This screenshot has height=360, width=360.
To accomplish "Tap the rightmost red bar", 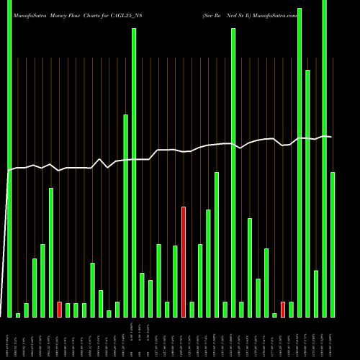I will (x=283, y=309).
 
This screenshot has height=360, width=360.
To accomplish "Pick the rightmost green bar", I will (x=333, y=244).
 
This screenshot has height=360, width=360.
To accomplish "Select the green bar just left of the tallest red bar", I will (x=175, y=281).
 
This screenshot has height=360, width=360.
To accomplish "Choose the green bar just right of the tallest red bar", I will (x=192, y=309).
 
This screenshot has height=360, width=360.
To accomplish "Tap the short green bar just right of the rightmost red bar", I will (x=292, y=309).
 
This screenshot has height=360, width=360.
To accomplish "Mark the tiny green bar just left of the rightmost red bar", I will (x=274, y=315).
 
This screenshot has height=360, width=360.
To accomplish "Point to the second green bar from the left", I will (x=18, y=315).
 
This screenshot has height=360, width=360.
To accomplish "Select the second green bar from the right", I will (x=325, y=158).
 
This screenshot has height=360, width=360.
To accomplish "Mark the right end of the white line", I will (x=331, y=137).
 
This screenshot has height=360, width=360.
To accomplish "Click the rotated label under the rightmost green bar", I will (x=333, y=338).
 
